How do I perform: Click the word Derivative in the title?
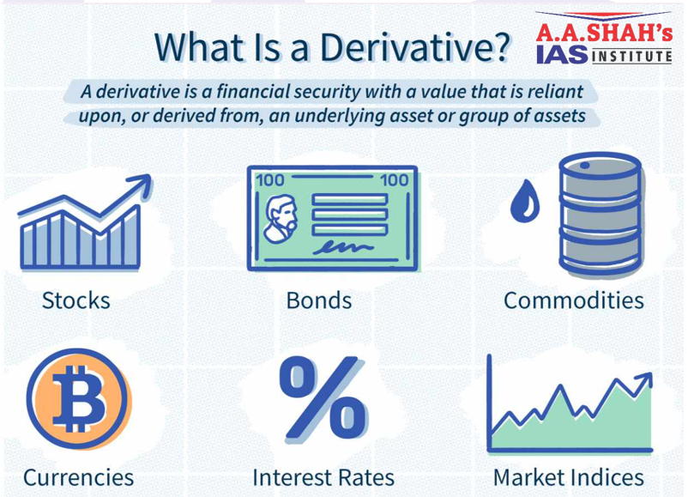tap(414, 46)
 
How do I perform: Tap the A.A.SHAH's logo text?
tap(604, 33)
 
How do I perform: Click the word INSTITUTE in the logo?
tap(632, 56)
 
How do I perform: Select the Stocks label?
tap(75, 300)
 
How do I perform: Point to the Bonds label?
tap(319, 300)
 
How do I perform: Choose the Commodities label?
tap(574, 300)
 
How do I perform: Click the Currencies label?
tap(79, 477)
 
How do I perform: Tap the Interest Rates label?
tap(323, 477)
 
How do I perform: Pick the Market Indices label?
tap(568, 477)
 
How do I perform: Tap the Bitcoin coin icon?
tap(79, 398)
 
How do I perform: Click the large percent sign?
tap(323, 397)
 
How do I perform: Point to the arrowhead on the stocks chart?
tap(142, 185)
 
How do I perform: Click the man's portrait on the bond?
tap(281, 218)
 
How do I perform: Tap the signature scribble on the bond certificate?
tap(342, 247)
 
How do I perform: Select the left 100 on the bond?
tap(270, 180)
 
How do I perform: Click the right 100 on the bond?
tap(394, 180)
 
